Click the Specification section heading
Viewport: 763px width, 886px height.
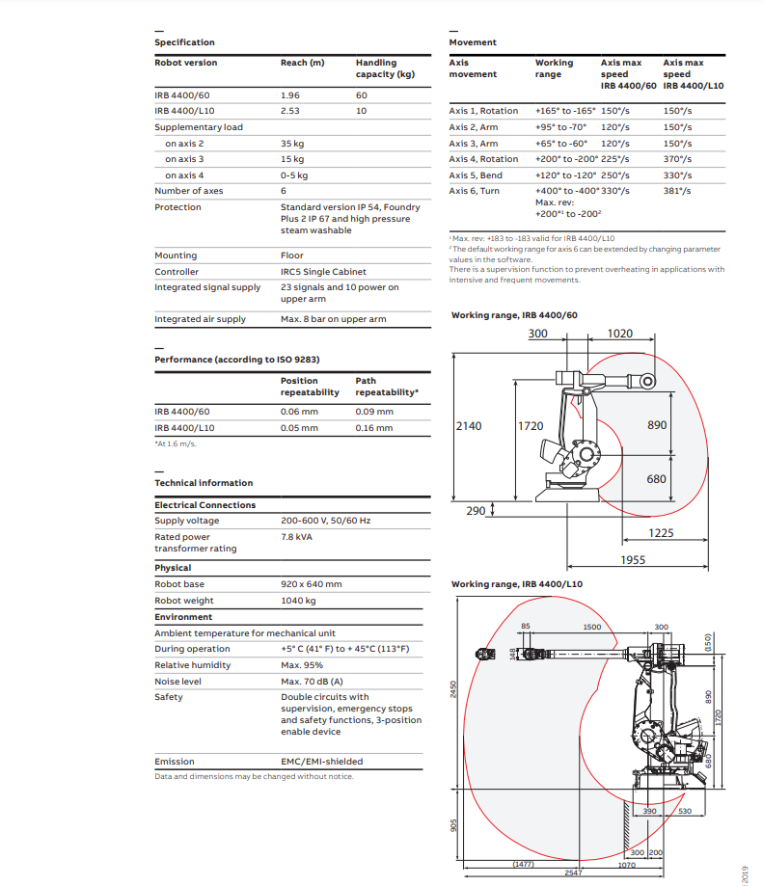[184, 42]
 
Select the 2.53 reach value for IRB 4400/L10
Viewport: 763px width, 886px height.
[289, 111]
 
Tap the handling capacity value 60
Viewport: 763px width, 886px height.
[362, 95]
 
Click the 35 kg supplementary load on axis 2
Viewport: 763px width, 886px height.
[292, 143]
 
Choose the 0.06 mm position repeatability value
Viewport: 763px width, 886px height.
[299, 412]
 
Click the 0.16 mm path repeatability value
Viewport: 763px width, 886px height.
[374, 428]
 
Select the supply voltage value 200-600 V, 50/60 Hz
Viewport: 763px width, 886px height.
[325, 521]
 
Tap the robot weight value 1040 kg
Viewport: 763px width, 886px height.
[298, 601]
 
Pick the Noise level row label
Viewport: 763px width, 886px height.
[178, 682]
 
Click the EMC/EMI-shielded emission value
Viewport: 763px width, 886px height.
[322, 762]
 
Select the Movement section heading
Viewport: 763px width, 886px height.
[473, 42]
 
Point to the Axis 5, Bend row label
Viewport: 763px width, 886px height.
[476, 175]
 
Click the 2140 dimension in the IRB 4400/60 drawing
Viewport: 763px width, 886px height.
[468, 425]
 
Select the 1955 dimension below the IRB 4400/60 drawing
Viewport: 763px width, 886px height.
[633, 559]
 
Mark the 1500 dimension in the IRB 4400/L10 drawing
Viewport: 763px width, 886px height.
[592, 628]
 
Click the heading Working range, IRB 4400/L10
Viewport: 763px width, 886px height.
[516, 584]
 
